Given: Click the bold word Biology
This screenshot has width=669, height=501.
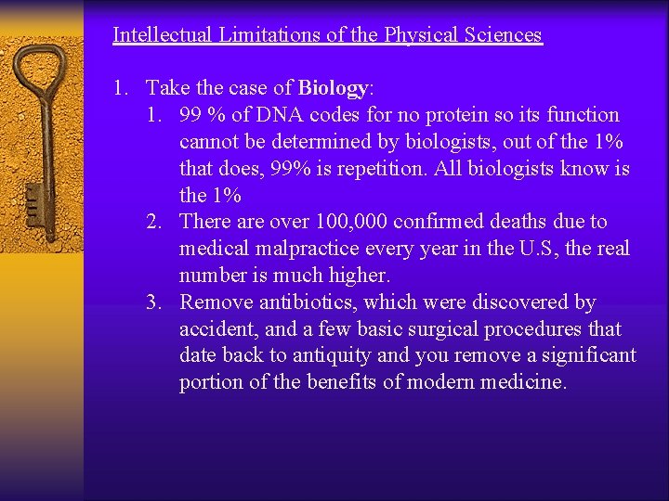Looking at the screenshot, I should (333, 88).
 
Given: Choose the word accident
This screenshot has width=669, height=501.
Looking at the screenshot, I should (216, 329).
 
